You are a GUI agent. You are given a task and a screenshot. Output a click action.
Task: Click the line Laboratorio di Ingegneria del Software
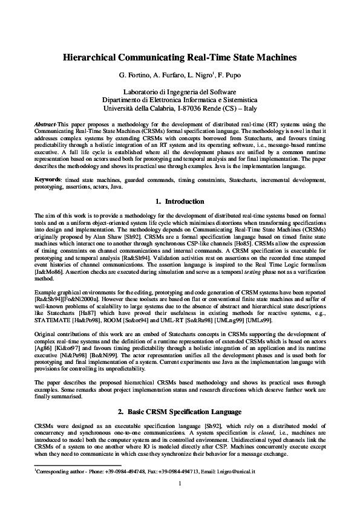(x=180, y=91)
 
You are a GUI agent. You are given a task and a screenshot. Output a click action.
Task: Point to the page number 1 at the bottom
(x=180, y=484)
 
